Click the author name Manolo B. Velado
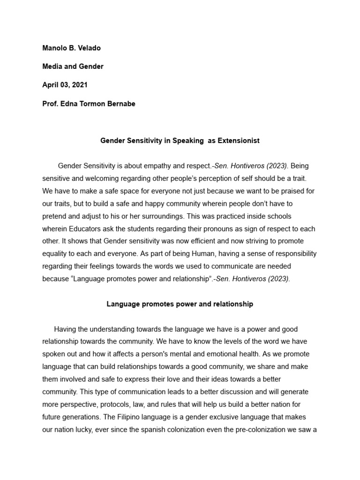(x=72, y=48)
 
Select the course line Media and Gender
(x=73, y=67)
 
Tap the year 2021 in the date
(x=78, y=85)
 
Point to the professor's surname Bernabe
(x=120, y=104)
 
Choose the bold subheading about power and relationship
(x=180, y=304)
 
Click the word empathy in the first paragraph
(x=156, y=166)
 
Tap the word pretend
(x=55, y=217)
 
